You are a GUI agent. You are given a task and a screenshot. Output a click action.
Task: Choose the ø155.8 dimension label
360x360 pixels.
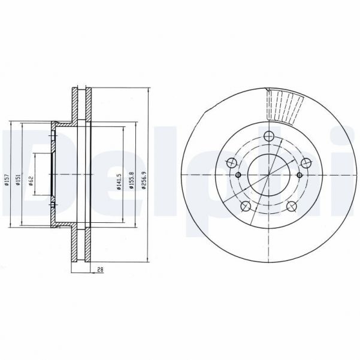pyautogui.click(x=131, y=181)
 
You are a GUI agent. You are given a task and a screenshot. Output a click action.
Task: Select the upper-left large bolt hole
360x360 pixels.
pyautogui.click(x=230, y=162)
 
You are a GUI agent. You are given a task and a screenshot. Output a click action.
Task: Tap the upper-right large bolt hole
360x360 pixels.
pyautogui.click(x=307, y=162)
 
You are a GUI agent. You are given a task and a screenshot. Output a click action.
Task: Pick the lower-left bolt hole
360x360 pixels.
pyautogui.click(x=244, y=207)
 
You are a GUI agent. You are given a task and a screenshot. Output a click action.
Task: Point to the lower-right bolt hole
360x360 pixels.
pyautogui.click(x=292, y=207)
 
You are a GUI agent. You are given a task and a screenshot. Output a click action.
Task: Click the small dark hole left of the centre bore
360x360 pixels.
pyautogui.click(x=238, y=175)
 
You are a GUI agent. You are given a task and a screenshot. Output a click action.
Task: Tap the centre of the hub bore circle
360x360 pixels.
pyautogui.click(x=268, y=175)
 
